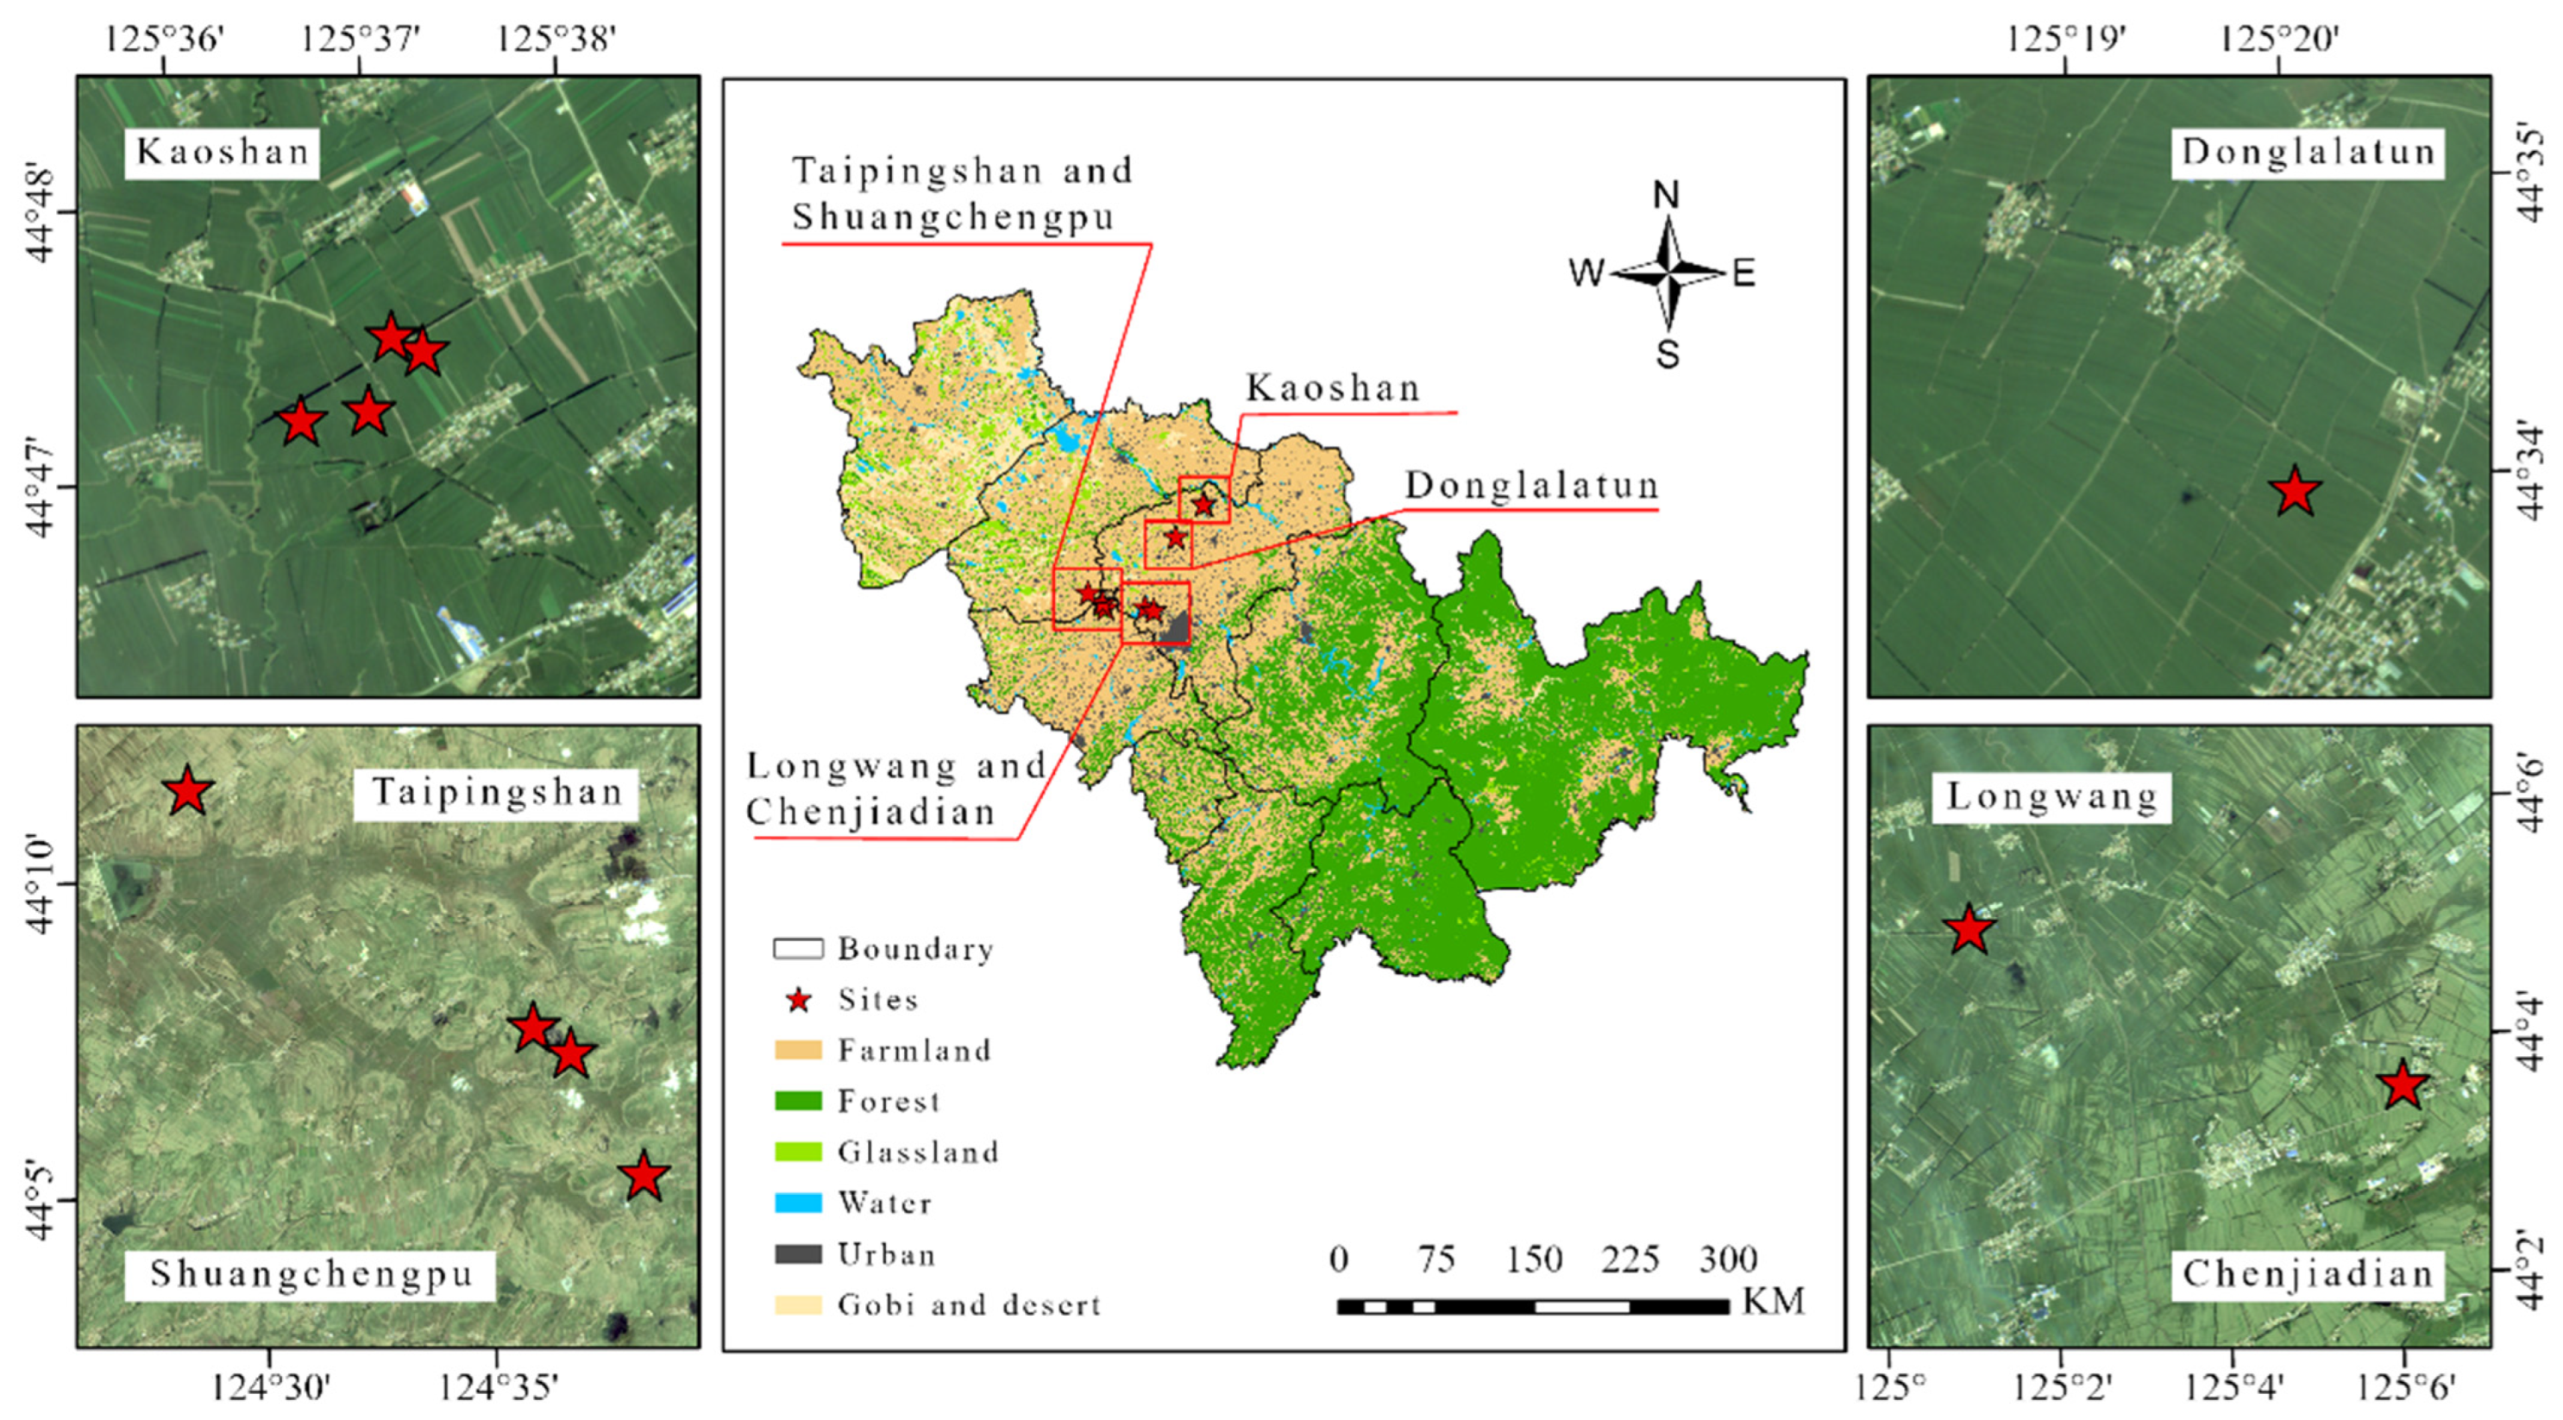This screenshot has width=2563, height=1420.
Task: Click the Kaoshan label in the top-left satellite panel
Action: pyautogui.click(x=222, y=152)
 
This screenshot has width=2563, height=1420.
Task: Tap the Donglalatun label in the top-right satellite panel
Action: pyautogui.click(x=2306, y=152)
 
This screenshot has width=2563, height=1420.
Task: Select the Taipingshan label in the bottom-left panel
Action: pyautogui.click(x=495, y=793)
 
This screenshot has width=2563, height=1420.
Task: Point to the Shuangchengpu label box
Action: pyautogui.click(x=310, y=1275)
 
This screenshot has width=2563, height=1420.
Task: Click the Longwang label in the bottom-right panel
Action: pyautogui.click(x=2051, y=797)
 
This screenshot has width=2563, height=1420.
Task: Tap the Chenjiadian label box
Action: pyautogui.click(x=2306, y=1275)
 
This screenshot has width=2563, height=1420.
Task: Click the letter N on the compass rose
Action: pyautogui.click(x=1666, y=195)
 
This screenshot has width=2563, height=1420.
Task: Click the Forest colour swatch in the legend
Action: pyautogui.click(x=798, y=1101)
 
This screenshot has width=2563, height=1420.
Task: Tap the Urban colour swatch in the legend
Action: pyautogui.click(x=798, y=1253)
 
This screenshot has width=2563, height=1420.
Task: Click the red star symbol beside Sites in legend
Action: pyautogui.click(x=798, y=1000)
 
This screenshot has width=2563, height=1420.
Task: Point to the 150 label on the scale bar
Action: pyautogui.click(x=1533, y=1260)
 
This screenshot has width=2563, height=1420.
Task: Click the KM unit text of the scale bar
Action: pyautogui.click(x=1773, y=1302)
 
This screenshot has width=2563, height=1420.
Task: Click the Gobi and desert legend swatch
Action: pyautogui.click(x=798, y=1304)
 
